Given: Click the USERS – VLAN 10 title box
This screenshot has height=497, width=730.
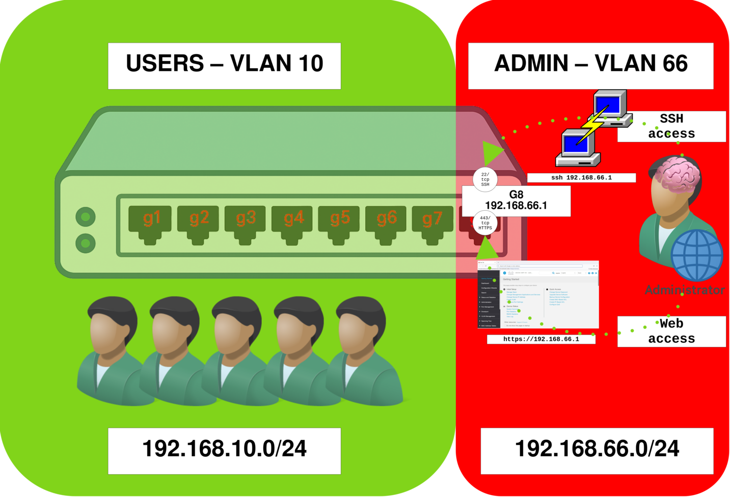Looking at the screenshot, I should click(224, 66).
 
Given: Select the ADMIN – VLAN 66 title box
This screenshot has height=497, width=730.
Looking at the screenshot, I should click(590, 66).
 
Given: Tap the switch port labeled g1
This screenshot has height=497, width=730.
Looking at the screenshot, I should click(150, 222).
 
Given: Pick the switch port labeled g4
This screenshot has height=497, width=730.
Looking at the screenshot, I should click(293, 222).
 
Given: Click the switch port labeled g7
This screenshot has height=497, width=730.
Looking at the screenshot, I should click(432, 222).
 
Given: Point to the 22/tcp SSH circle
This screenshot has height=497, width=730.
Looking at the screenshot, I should click(485, 179).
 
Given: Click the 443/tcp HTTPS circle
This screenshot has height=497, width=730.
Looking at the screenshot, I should click(485, 223).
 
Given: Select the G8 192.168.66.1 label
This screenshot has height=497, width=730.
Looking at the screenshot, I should click(516, 201).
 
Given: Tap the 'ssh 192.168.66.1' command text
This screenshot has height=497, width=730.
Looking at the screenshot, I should click(581, 178).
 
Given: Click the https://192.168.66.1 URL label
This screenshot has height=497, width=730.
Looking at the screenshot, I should click(541, 339).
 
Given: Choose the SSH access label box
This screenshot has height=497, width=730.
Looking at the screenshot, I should click(671, 126).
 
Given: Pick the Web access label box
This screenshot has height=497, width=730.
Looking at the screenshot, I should click(671, 332).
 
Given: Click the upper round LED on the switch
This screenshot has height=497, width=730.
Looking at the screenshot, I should click(86, 217).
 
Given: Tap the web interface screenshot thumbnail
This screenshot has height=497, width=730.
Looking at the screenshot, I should click(538, 295).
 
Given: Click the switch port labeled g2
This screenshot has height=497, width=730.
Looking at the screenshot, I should click(198, 222).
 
